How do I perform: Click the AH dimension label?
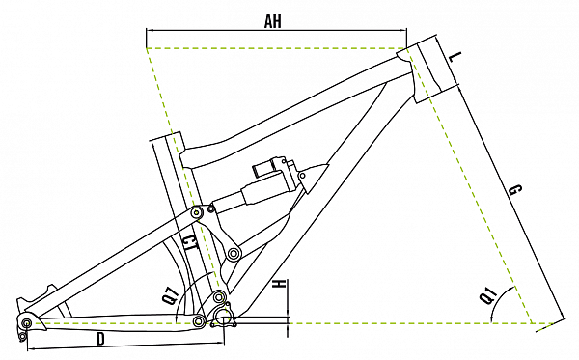pyautogui.click(x=272, y=21)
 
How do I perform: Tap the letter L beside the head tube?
pyautogui.click(x=456, y=57)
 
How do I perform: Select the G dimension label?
pyautogui.click(x=515, y=190)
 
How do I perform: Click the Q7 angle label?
pyautogui.click(x=171, y=296)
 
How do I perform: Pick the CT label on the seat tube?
pyautogui.click(x=189, y=244)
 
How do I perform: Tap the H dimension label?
pyautogui.click(x=279, y=285)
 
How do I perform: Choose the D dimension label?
pyautogui.click(x=100, y=339)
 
